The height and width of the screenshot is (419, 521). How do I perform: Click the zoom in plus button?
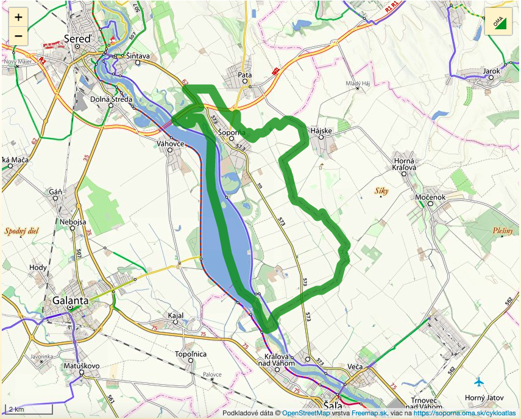click(x=18, y=17)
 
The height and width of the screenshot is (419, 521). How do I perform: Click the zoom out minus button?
click(x=18, y=35)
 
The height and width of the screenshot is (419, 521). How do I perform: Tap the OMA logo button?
click(x=498, y=23)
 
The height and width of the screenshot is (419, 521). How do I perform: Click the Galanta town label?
click(x=71, y=301)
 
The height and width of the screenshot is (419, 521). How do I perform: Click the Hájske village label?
click(x=321, y=131)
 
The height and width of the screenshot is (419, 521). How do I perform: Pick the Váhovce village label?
click(x=171, y=143)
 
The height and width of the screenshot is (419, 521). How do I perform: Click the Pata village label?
click(x=245, y=75)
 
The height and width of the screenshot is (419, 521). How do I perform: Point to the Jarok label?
click(x=491, y=71)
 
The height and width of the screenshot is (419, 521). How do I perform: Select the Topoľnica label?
click(x=191, y=354)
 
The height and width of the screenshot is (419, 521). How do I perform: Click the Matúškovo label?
click(x=81, y=366)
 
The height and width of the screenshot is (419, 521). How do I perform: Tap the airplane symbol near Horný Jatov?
click(x=479, y=382)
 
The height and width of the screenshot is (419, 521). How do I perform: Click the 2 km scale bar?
click(x=27, y=409)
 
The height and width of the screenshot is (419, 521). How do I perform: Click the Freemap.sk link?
click(x=369, y=413)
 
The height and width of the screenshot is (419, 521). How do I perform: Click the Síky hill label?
click(x=382, y=191)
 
